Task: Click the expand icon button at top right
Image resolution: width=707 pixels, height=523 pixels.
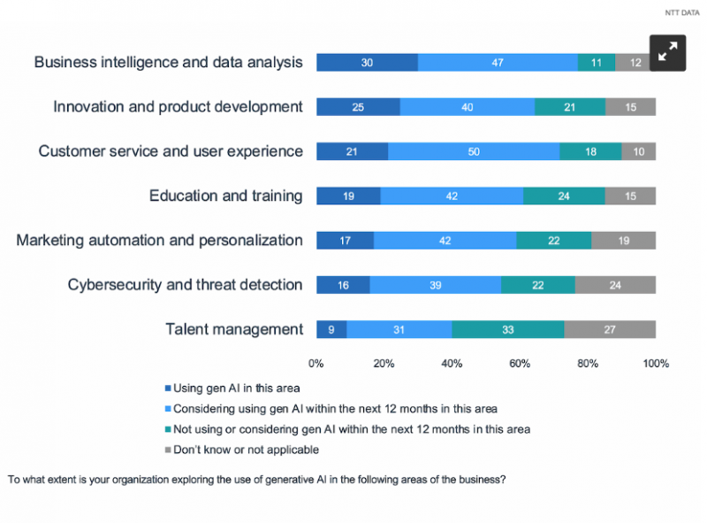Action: tap(668, 51)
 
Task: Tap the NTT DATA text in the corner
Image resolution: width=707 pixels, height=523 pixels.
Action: tap(680, 12)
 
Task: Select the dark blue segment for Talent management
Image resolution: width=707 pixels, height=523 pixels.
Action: tap(331, 329)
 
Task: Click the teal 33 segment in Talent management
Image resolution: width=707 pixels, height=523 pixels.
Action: tap(507, 329)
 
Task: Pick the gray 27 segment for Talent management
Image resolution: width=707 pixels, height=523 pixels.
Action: tap(610, 329)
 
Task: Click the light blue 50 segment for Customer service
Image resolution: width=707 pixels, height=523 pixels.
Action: tap(474, 151)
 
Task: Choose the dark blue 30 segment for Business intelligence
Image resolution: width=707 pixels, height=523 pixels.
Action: tap(367, 63)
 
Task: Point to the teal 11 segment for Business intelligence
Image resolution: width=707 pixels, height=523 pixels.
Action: tap(597, 63)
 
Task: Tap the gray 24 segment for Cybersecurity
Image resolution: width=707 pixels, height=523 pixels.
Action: tap(615, 285)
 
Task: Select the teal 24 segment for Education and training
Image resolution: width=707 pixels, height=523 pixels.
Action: tap(564, 196)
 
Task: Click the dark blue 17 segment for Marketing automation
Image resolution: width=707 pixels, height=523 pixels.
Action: tap(345, 241)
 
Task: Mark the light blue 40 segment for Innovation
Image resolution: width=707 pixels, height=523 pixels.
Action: tap(467, 107)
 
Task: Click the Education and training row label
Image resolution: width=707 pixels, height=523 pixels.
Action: tap(225, 196)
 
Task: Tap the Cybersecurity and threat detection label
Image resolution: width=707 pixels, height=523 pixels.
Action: tap(185, 285)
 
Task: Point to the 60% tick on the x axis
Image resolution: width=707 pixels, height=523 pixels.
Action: tap(520, 364)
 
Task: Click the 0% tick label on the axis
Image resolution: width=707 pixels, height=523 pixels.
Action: tap(315, 364)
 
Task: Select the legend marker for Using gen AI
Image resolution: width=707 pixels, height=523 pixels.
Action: tap(167, 388)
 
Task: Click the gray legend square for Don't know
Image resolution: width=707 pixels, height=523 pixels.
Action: tap(167, 450)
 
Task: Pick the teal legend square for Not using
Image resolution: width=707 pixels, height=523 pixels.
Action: tap(167, 429)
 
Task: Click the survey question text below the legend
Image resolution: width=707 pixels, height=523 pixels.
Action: tap(257, 481)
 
